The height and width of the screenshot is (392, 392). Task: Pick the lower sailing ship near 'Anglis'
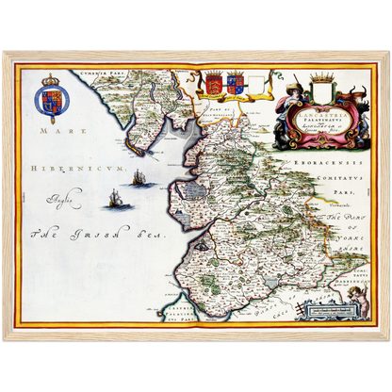tap(115, 198)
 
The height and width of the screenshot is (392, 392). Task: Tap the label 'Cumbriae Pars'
tap(105, 72)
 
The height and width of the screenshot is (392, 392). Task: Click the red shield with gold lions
tap(214, 83)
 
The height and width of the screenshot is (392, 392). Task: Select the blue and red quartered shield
tap(235, 84)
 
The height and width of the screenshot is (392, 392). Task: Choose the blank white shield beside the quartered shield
tap(255, 84)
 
